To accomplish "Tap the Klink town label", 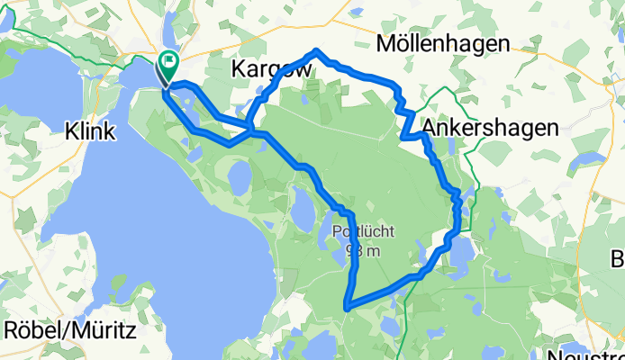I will coord(90,131).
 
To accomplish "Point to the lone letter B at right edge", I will coord(618,259).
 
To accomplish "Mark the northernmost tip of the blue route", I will coord(316,51).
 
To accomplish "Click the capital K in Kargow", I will coord(240,68).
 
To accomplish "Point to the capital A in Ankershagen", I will coord(430,128).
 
